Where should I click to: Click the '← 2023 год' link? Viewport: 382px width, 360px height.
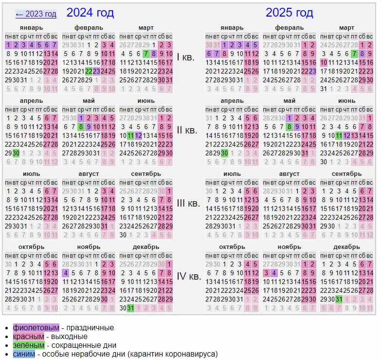coord(36,14)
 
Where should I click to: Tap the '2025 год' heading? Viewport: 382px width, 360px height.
coord(289,13)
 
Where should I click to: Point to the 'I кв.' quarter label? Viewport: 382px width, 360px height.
coord(185,57)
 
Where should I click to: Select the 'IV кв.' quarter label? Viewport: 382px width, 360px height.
coord(188,276)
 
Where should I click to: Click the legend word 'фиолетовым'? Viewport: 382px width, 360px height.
coord(36,328)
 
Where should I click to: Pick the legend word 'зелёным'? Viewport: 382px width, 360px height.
coord(29,345)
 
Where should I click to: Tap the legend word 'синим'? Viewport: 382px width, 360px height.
coord(24,354)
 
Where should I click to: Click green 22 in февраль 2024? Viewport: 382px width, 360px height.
coord(89,71)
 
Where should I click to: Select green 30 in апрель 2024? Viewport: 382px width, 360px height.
coord(16,153)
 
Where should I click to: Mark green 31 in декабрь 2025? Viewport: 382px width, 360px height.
coord(339,299)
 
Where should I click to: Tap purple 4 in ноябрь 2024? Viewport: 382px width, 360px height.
coord(65,273)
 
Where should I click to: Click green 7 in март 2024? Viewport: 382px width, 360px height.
coord(146,54)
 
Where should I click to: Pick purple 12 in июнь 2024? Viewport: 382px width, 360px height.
coord(138,135)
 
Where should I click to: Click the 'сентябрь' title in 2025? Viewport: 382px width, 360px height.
coord(346,174)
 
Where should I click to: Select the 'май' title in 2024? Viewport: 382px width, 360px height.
coord(88,101)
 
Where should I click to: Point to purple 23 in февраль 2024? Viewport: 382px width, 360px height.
coord(96,71)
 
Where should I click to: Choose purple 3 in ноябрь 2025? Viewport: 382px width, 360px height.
coord(266,273)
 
